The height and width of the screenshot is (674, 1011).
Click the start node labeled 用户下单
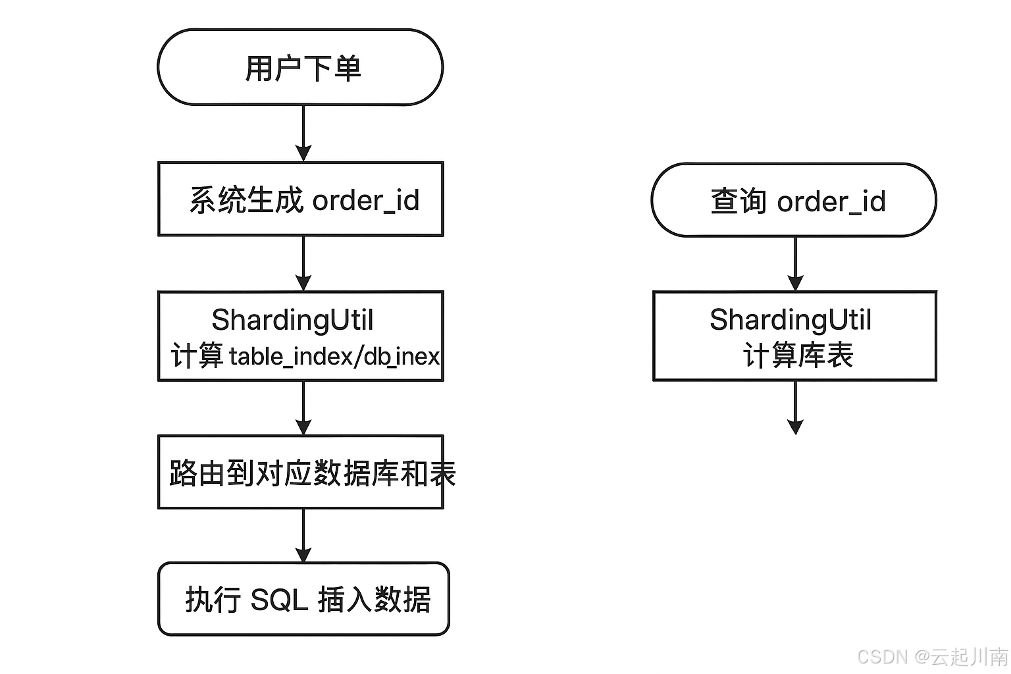tap(300, 67)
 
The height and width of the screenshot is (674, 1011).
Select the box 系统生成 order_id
tap(300, 199)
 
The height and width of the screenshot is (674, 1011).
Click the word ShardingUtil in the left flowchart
tap(292, 320)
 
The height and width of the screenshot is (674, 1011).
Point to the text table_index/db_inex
tap(334, 357)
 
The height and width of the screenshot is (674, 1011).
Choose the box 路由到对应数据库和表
tap(300, 472)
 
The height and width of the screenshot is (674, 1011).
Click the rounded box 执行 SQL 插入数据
tap(303, 599)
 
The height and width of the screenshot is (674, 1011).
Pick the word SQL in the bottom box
tap(279, 600)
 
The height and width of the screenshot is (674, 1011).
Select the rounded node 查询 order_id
tap(794, 200)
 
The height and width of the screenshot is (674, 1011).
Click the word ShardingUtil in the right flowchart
tap(790, 320)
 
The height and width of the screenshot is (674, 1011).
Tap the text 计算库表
tap(798, 356)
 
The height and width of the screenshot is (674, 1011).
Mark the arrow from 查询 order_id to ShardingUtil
tap(795, 263)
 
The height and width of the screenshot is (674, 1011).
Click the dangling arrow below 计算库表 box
tap(795, 408)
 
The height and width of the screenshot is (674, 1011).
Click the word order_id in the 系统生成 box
tap(365, 200)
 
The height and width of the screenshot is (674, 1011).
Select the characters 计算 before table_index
tap(197, 357)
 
